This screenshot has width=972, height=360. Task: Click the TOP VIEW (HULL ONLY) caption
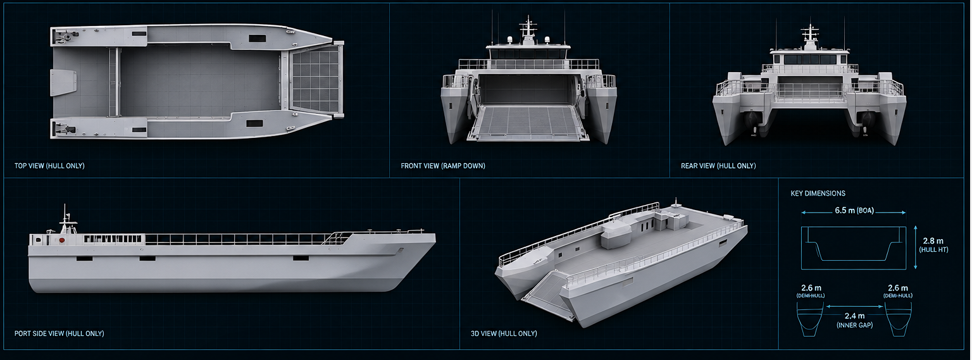coord(49,166)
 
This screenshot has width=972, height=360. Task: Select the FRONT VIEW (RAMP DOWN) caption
coord(443,166)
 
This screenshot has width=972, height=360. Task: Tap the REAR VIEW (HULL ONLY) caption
coord(718,166)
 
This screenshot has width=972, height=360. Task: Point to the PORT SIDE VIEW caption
coord(59,333)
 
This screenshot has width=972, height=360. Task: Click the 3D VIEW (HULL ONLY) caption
coord(504,333)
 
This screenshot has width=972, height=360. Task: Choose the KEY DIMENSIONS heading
coord(818,194)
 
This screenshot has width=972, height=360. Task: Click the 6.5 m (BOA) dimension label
coord(854,211)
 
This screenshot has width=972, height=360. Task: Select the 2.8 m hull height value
coord(933,241)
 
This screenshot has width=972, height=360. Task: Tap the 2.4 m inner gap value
coord(854,316)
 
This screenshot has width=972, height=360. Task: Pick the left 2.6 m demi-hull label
coord(811,288)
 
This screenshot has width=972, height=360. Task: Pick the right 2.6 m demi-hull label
coord(898,288)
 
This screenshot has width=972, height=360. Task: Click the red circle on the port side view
coord(62,240)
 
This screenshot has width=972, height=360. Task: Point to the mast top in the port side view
coord(65,205)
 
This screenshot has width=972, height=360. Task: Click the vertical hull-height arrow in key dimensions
coord(916,247)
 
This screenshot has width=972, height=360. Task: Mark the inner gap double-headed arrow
coord(854,306)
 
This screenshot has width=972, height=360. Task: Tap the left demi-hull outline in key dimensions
coord(810,320)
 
